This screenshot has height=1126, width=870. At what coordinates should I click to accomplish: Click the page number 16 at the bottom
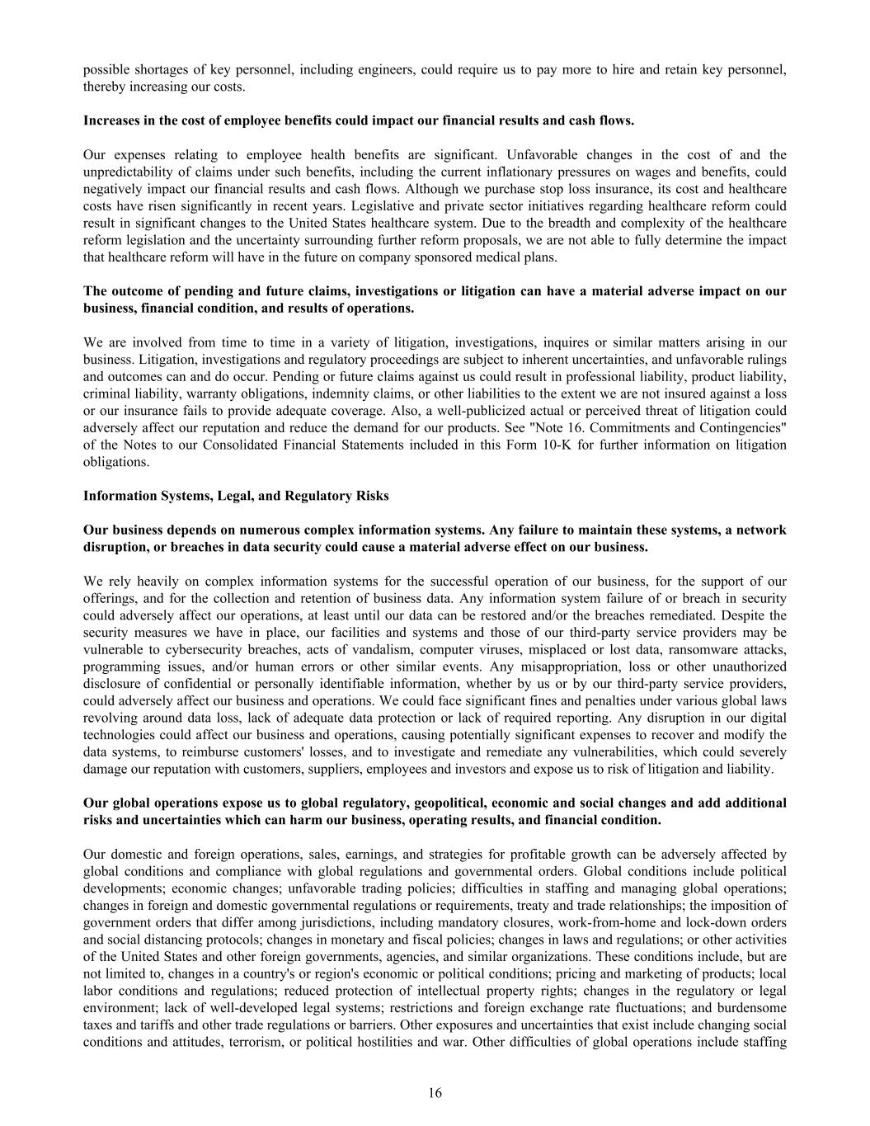tap(435, 1093)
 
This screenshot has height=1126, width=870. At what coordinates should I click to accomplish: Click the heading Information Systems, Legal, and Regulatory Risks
tap(236, 496)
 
